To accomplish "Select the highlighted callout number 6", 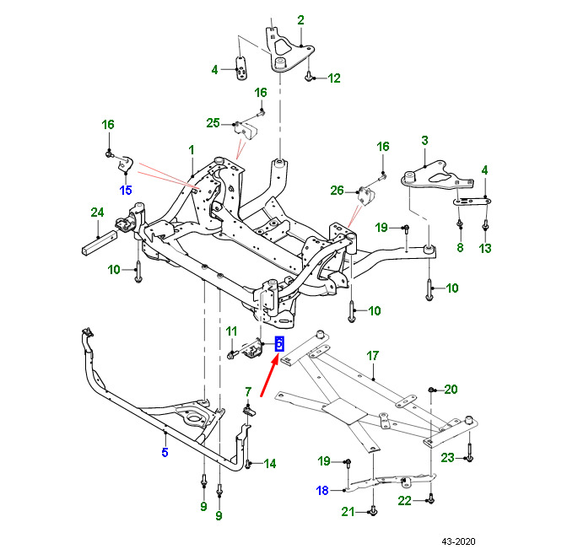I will tap(280, 343).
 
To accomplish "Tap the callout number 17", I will tap(373, 356).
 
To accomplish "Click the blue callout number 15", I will tap(126, 189).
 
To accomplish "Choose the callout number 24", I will tap(97, 212).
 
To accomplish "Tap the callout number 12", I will tap(334, 78).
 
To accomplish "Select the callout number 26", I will tap(338, 191).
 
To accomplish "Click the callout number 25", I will tap(213, 124).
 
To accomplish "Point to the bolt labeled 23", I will tap(469, 458).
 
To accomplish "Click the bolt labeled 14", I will tap(250, 463).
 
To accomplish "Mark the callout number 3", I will tap(425, 140).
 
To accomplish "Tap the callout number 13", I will tap(484, 248).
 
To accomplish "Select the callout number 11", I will tap(231, 332).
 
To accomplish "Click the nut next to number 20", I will tap(431, 390).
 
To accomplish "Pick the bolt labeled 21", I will tap(372, 511).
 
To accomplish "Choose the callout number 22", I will tap(405, 501).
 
